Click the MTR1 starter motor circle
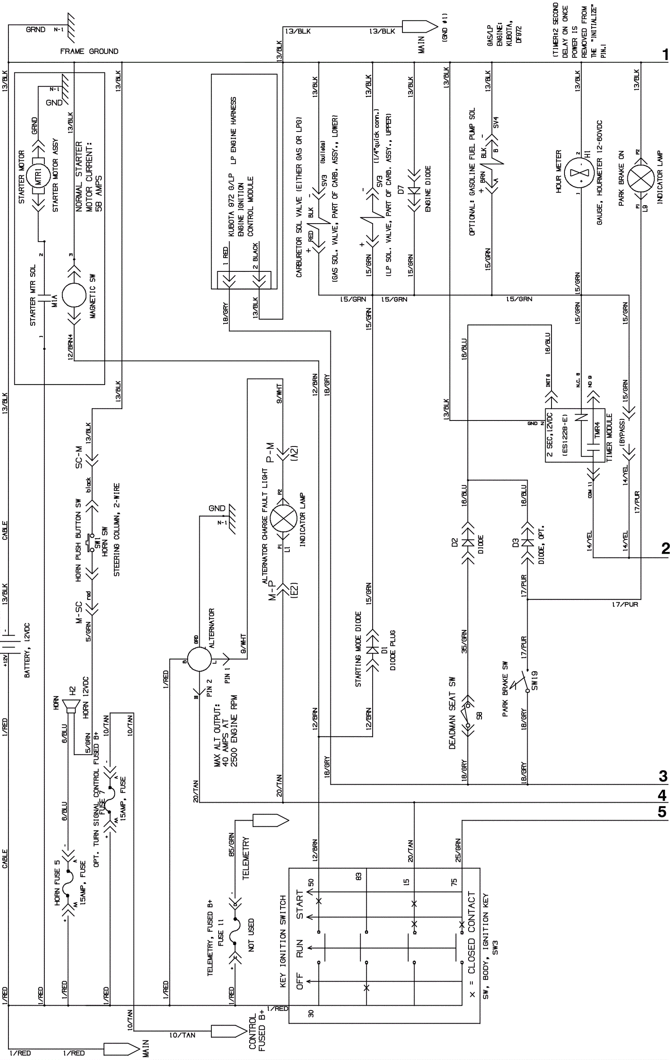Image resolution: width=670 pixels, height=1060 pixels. pyautogui.click(x=38, y=176)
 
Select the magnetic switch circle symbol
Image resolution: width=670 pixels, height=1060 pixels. pyautogui.click(x=74, y=295)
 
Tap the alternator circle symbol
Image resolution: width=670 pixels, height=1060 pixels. pyautogui.click(x=199, y=660)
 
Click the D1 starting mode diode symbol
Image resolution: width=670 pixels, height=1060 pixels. pyautogui.click(x=372, y=650)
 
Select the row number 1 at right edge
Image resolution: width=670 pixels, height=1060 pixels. pyautogui.click(x=664, y=55)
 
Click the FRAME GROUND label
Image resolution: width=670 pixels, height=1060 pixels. pyautogui.click(x=89, y=52)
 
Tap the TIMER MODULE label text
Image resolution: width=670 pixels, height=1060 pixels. pyautogui.click(x=609, y=438)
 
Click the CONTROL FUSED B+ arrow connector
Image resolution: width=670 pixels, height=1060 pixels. pyautogui.click(x=229, y=1032)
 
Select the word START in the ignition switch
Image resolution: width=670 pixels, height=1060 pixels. pyautogui.click(x=300, y=904)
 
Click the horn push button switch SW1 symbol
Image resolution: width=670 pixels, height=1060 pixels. pyautogui.click(x=91, y=543)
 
